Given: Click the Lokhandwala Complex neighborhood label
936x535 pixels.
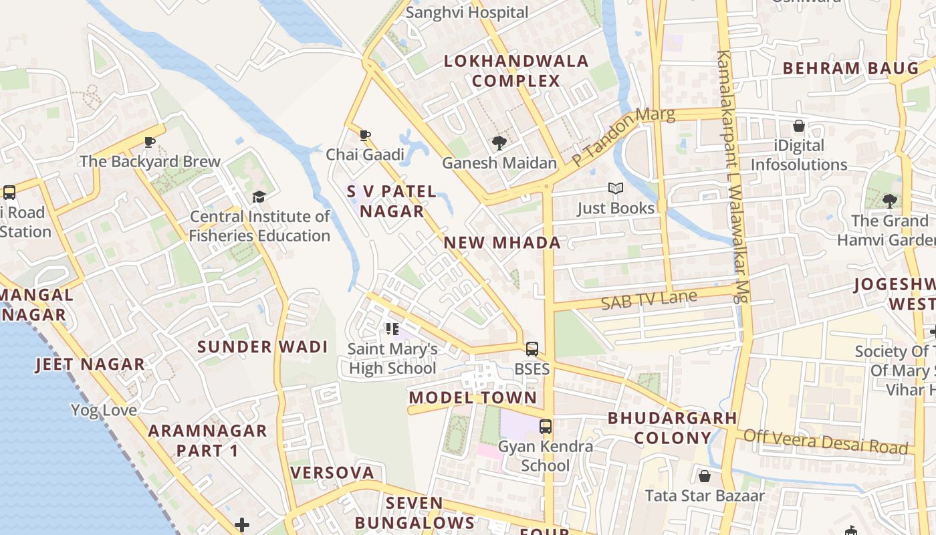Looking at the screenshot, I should coord(516,71).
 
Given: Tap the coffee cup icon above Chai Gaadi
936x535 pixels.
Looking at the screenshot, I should coord(365,136).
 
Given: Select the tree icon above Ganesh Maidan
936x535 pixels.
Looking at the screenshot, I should coord(499,142).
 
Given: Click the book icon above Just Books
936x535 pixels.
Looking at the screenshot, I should coord(616,189).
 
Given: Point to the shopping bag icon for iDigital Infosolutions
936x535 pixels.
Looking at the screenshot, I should coord(798,126).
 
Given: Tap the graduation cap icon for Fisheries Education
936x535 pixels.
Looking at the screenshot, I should coord(259,197).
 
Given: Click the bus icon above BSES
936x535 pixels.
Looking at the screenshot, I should coord(532,349).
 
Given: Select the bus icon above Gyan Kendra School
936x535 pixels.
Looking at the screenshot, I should coord(546,427).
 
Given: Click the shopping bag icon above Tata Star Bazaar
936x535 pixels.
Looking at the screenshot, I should coord(704,476).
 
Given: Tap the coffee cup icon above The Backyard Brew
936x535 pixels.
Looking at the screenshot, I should coord(150,142).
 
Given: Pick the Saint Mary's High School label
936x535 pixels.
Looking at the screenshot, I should coord(392,358).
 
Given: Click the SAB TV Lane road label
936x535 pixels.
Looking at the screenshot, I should coord(649,300).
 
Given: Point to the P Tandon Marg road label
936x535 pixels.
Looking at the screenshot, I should coord(622,136).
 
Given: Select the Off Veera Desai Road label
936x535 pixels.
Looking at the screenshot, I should coord(826,441).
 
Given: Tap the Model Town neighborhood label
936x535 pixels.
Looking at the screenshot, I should coord(473,397).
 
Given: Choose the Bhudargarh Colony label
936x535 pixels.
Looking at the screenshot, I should coord(672,428).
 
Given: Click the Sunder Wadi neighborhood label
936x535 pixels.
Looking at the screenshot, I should coord(262,346).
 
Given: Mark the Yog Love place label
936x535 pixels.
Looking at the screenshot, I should coord(104,410).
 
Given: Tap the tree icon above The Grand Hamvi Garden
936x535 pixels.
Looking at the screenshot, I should coord(889,201).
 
